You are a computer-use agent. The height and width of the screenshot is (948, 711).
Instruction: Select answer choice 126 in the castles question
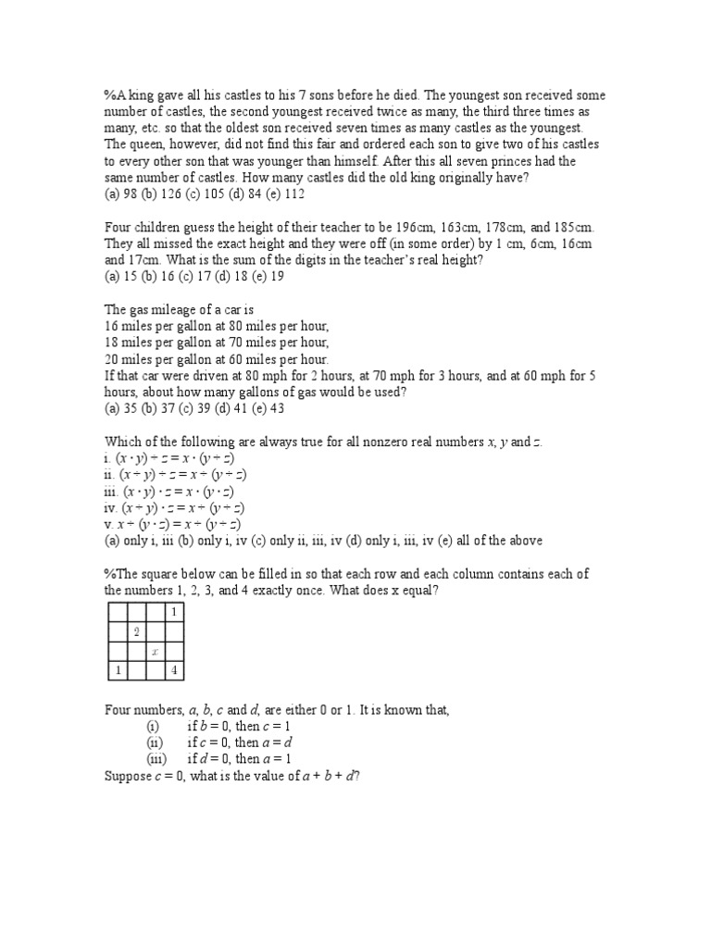point(163,194)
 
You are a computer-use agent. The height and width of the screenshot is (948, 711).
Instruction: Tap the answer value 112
point(293,194)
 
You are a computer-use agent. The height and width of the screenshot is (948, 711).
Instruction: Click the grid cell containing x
point(155,652)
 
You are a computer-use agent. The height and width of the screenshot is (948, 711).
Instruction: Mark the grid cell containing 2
point(136,631)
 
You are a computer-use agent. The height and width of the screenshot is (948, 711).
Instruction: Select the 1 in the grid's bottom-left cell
point(118,671)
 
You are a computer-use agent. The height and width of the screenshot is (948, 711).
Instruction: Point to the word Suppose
point(128,776)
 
